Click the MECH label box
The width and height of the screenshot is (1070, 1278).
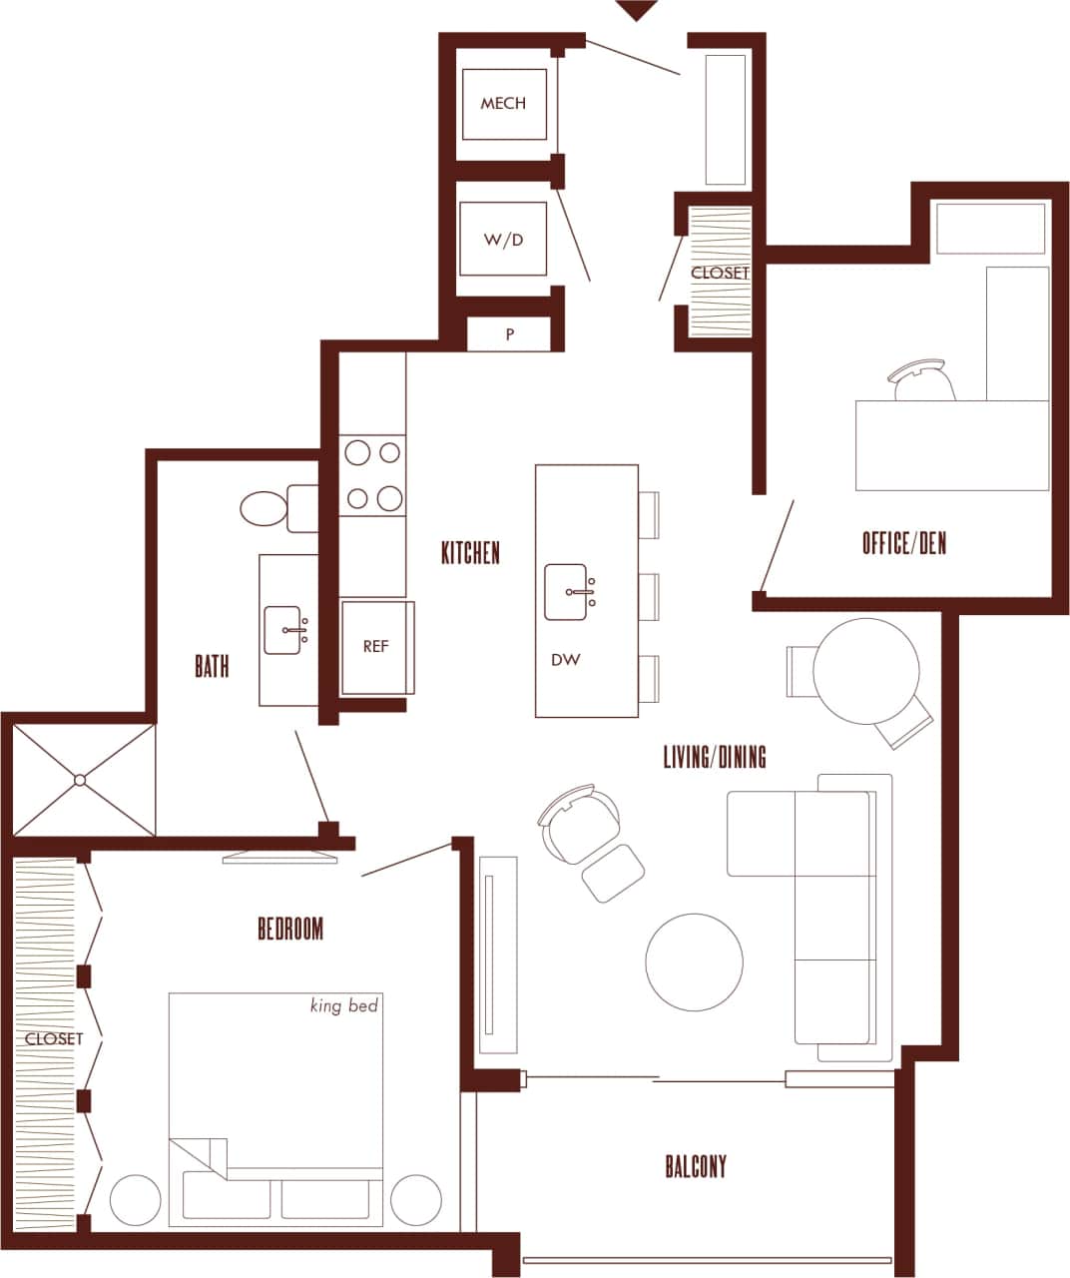click(x=503, y=104)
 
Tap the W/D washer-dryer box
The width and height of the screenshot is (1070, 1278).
click(x=503, y=240)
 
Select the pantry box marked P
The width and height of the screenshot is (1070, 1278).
click(x=509, y=334)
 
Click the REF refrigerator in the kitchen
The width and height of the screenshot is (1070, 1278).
click(x=375, y=647)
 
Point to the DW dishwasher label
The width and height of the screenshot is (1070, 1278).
click(x=565, y=660)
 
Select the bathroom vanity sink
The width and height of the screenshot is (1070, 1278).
click(x=284, y=630)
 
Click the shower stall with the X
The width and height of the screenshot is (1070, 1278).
click(x=83, y=779)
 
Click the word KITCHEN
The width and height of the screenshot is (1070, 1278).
click(x=470, y=553)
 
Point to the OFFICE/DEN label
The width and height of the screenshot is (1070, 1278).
click(x=903, y=544)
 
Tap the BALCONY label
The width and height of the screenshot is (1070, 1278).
click(x=696, y=1166)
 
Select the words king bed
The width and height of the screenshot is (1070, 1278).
click(x=344, y=1006)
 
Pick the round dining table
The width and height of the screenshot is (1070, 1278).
click(x=865, y=671)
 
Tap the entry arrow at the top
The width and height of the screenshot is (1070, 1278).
click(x=637, y=11)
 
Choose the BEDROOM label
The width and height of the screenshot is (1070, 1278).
click(x=290, y=930)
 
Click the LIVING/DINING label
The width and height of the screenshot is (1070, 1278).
click(x=715, y=757)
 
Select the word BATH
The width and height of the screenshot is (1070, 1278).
click(x=212, y=667)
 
